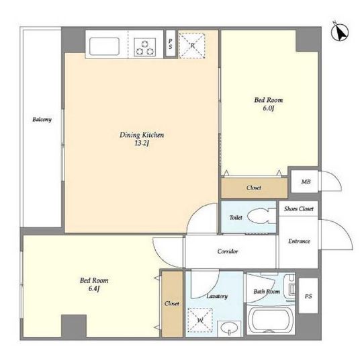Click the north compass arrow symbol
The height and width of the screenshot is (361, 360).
click(x=340, y=32)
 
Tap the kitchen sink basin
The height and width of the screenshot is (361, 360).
click(x=104, y=46)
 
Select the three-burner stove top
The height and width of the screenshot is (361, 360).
click(x=144, y=47)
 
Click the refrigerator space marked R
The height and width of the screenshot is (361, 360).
click(x=192, y=45)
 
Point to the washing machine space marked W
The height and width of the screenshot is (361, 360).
click(x=200, y=320)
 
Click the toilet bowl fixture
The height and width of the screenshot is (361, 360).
click(x=261, y=216)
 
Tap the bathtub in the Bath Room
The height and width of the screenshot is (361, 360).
click(x=270, y=319)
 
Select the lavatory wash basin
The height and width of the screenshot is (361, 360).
click(x=229, y=328)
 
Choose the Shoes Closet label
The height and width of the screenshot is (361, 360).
click(x=299, y=209)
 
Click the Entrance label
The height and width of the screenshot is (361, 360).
click(x=299, y=241)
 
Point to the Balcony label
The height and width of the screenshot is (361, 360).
click(x=42, y=120)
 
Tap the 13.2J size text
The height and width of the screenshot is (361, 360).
click(x=142, y=143)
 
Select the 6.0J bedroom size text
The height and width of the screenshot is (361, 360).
click(x=268, y=108)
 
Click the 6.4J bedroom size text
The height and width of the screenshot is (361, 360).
click(x=94, y=288)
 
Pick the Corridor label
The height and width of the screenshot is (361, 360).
click(x=228, y=251)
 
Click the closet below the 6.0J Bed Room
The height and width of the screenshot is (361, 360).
click(x=254, y=188)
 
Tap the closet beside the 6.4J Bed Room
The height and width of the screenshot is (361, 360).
click(x=172, y=304)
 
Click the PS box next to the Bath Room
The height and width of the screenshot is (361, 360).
click(x=308, y=296)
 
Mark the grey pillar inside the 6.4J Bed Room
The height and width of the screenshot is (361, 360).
click(x=74, y=326)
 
